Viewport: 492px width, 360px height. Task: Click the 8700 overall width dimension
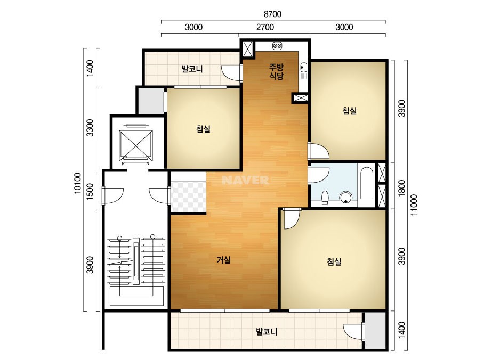(x=273, y=14)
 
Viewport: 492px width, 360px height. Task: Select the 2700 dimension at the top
(x=265, y=27)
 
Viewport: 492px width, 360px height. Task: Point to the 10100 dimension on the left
(x=77, y=183)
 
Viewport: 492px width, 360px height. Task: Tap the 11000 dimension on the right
(x=414, y=205)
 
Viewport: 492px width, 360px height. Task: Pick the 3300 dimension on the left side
(x=90, y=128)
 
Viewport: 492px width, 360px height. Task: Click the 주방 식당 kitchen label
(x=277, y=71)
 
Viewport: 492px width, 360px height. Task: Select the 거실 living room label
(x=224, y=260)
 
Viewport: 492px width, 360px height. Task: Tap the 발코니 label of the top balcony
(x=192, y=69)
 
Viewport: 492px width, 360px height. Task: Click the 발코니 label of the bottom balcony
(x=267, y=331)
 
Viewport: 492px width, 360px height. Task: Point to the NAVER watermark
(x=245, y=180)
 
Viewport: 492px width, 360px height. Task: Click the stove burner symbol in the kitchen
(x=277, y=46)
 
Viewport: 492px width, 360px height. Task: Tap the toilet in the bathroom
(x=325, y=198)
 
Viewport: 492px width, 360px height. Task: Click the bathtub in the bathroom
(x=366, y=183)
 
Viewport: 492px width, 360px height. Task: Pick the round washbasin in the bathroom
(x=346, y=197)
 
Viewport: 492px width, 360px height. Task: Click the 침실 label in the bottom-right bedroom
(x=334, y=261)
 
